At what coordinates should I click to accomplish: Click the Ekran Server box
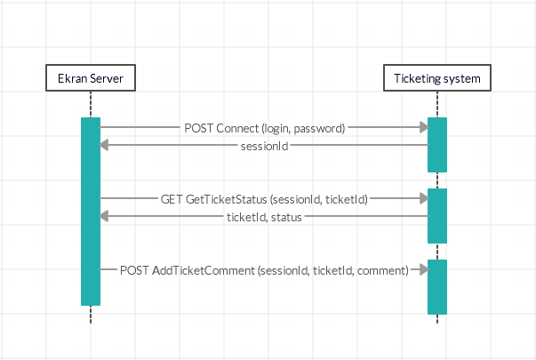click(x=91, y=79)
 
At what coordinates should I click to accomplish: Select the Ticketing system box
click(x=436, y=79)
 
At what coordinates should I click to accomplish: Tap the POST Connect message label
click(x=264, y=128)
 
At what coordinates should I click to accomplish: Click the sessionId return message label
click(x=264, y=145)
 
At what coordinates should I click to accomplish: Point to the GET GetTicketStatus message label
click(x=264, y=199)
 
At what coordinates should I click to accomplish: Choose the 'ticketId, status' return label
click(x=264, y=216)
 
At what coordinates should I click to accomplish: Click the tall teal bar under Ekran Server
click(x=91, y=212)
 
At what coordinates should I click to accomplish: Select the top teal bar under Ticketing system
click(x=436, y=144)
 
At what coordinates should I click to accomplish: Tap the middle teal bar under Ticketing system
click(x=436, y=215)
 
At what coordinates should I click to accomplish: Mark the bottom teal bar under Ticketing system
click(x=436, y=286)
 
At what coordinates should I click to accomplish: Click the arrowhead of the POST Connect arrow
click(x=422, y=128)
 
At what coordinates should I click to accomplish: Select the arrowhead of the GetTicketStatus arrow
click(x=422, y=199)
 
